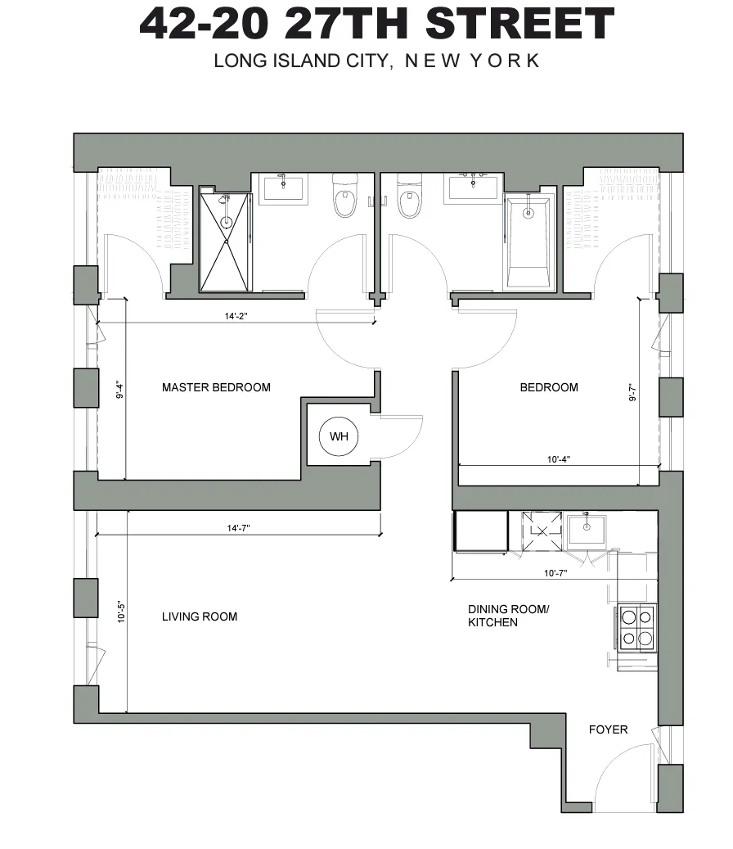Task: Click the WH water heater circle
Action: (339, 436)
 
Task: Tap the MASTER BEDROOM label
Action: (216, 387)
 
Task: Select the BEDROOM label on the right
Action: (549, 387)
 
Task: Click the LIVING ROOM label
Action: (200, 616)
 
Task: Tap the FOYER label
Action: (609, 729)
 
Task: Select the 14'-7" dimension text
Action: (238, 528)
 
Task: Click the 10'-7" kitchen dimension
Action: (555, 572)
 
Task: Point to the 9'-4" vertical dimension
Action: (120, 391)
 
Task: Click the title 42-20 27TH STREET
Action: (376, 24)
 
